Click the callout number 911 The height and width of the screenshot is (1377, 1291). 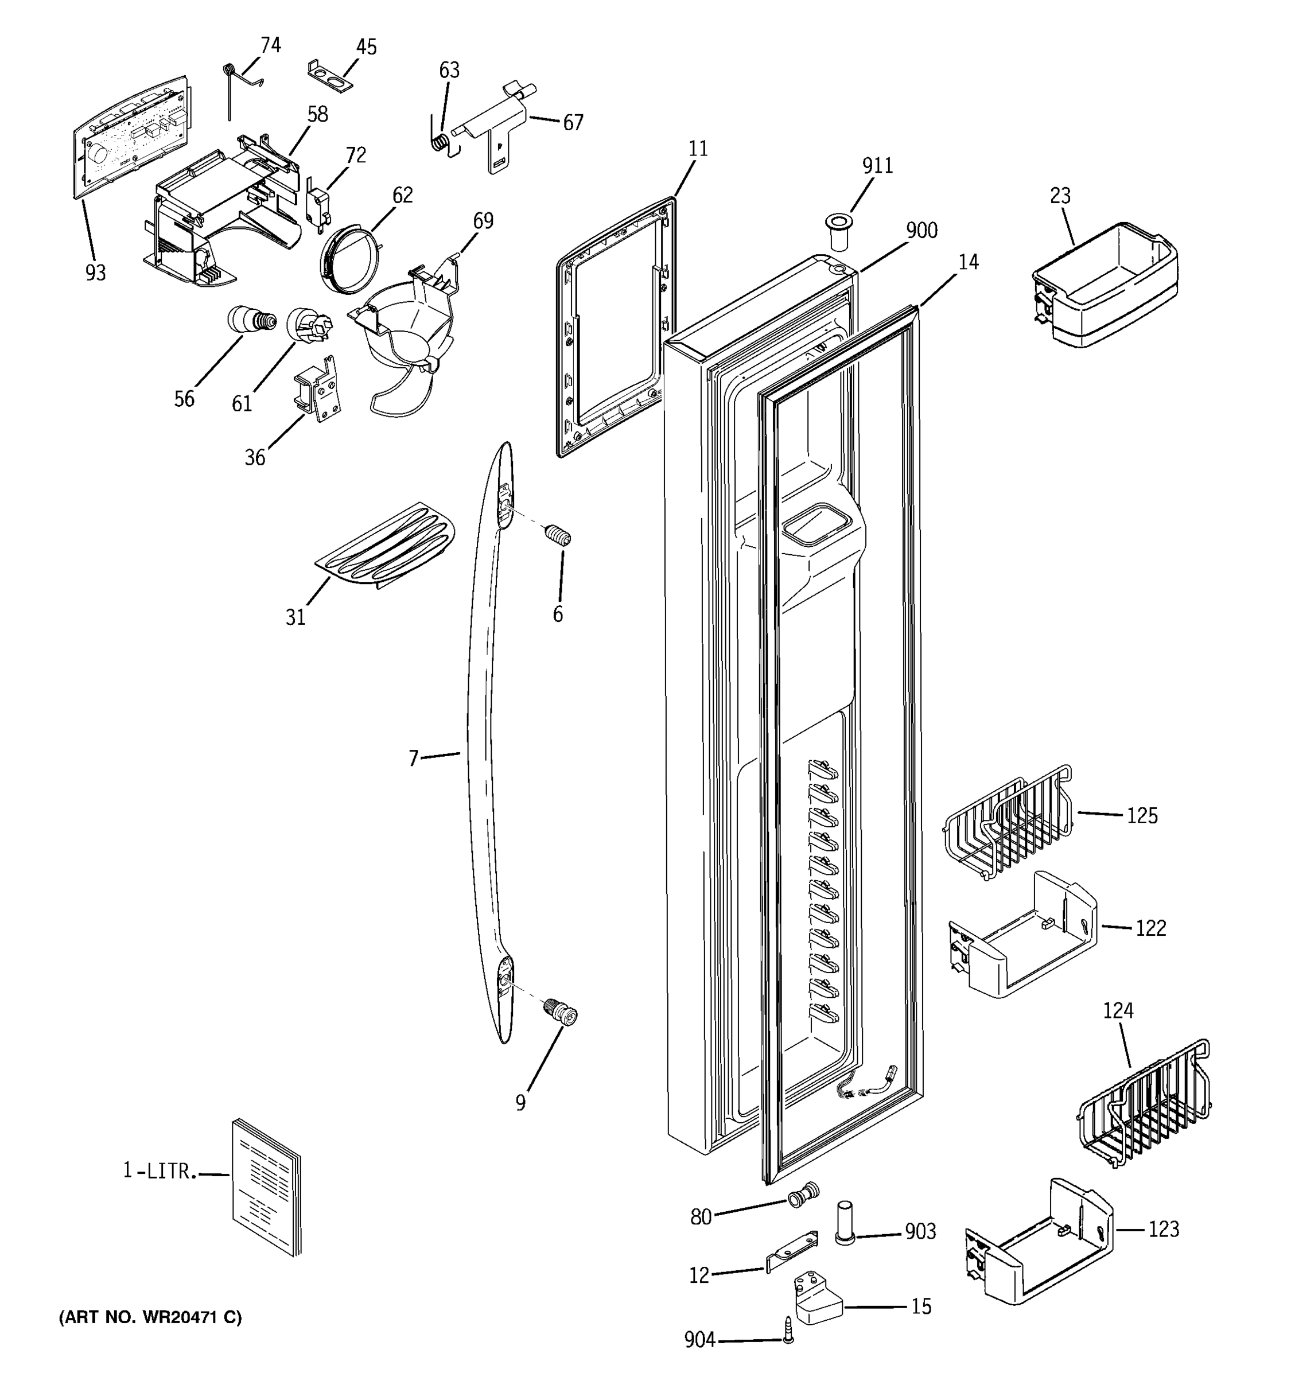click(x=877, y=166)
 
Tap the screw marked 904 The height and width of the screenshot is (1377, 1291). click(x=787, y=1339)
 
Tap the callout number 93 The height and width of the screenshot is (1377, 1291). click(x=96, y=274)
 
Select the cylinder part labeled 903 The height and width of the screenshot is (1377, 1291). click(x=844, y=1223)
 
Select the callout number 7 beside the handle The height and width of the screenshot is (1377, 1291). click(x=414, y=759)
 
